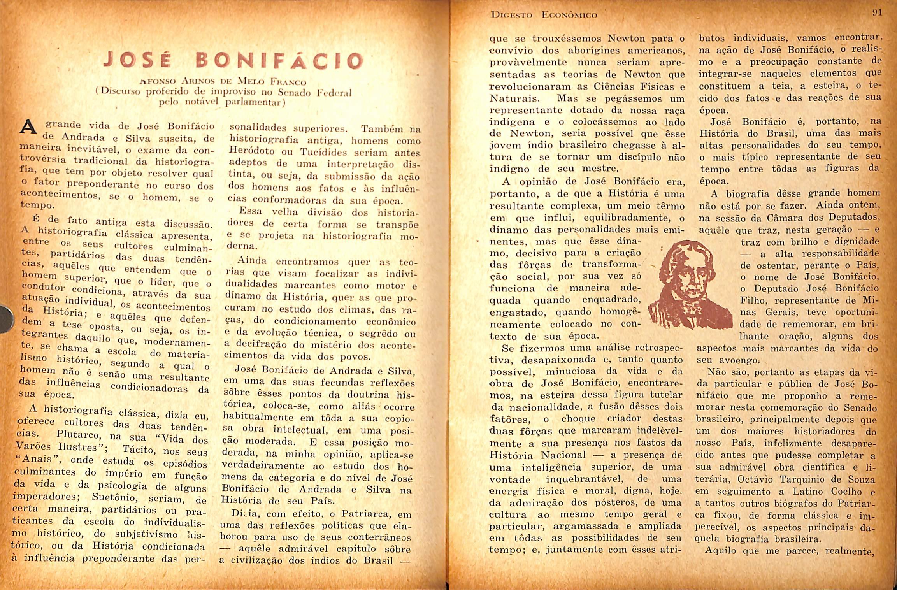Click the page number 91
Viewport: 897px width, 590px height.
point(877,12)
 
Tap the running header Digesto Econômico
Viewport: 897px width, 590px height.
point(544,15)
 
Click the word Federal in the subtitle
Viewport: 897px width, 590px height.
point(334,93)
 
